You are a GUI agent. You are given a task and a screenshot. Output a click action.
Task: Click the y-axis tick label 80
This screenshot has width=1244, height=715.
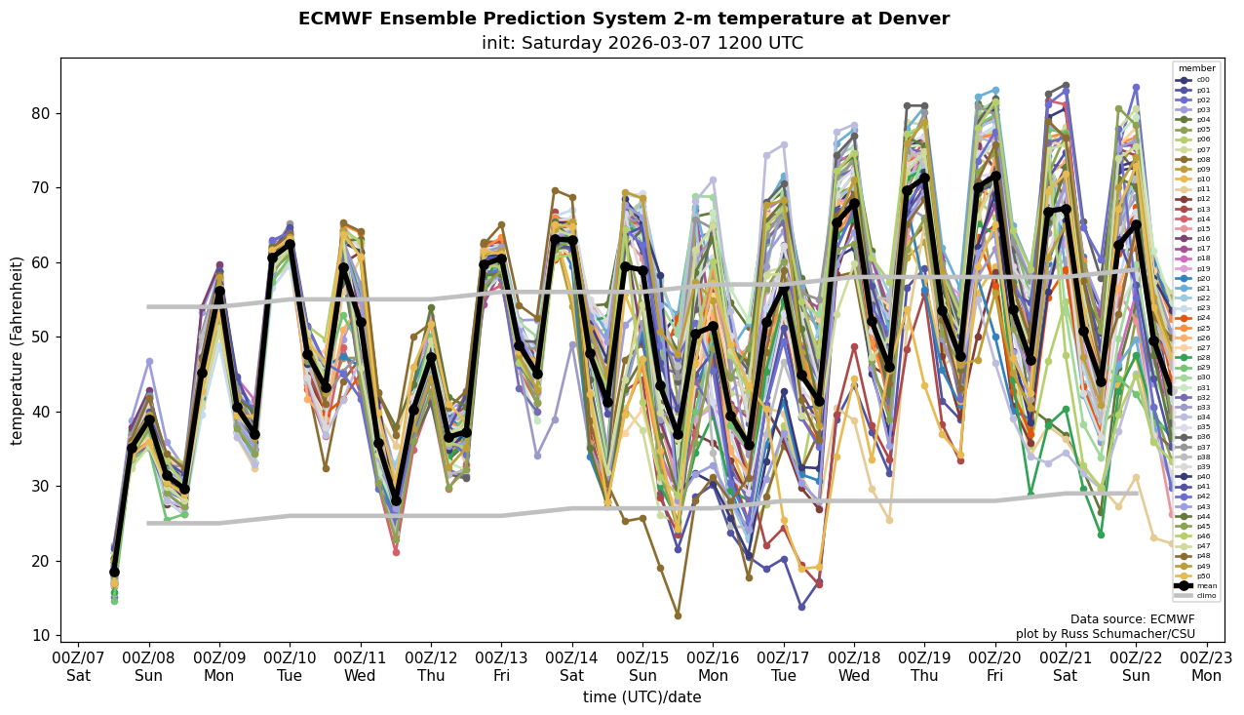click(42, 113)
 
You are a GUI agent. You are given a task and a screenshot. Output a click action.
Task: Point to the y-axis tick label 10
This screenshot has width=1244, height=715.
click(42, 635)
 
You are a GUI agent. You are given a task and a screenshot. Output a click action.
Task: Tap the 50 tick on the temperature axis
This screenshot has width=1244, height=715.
click(42, 337)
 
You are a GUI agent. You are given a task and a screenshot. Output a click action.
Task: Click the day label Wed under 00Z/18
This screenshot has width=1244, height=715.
click(854, 675)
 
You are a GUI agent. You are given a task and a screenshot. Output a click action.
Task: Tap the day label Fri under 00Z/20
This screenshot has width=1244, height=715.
click(994, 675)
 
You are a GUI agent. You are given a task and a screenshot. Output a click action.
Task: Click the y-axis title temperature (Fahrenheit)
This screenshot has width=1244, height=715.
click(18, 350)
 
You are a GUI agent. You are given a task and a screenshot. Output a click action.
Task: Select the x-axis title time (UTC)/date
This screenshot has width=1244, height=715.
click(641, 697)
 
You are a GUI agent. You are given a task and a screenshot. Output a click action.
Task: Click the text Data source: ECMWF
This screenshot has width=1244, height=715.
click(1132, 619)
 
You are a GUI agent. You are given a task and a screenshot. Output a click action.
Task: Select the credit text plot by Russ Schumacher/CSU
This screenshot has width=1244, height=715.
click(1105, 634)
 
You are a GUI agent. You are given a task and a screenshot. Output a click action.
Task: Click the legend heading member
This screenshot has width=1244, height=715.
click(1197, 68)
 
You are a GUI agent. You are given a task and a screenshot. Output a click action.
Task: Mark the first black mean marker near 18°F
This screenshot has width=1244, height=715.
click(114, 573)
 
